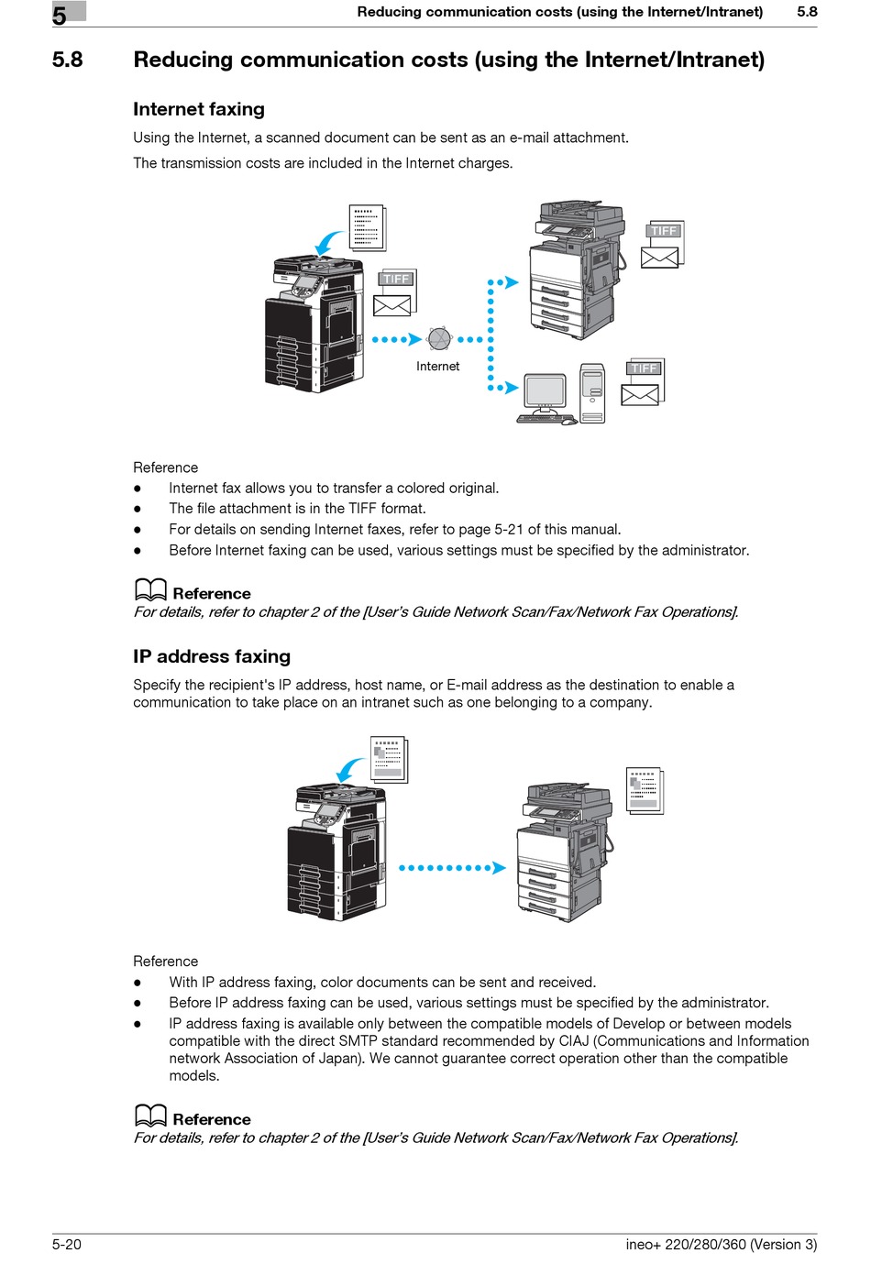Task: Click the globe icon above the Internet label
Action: click(440, 339)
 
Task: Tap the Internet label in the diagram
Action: click(437, 367)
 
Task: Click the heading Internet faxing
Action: click(199, 109)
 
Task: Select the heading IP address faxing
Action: click(212, 656)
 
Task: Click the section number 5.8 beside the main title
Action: click(67, 60)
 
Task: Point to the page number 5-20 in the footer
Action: click(67, 1244)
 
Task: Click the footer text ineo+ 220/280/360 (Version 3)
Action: click(721, 1244)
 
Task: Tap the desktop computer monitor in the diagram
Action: click(546, 393)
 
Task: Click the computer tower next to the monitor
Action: click(593, 393)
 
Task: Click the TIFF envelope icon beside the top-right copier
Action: click(663, 245)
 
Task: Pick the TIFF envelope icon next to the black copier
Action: click(394, 293)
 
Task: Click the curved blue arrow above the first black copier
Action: click(329, 243)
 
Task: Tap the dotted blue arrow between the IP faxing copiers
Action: click(452, 868)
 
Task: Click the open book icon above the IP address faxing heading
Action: click(150, 590)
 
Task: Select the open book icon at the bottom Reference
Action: click(150, 1116)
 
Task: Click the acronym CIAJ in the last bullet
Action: click(574, 1041)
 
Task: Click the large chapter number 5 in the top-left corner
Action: click(60, 16)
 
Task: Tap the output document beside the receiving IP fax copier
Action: click(645, 791)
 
